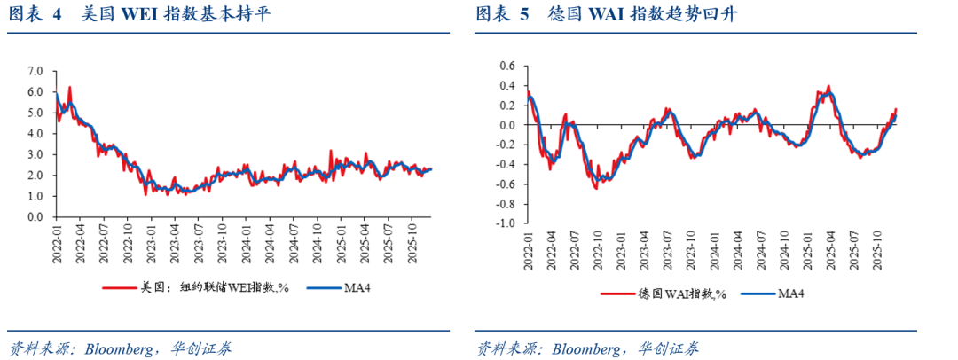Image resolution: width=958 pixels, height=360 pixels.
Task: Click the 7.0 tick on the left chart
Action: tap(35, 70)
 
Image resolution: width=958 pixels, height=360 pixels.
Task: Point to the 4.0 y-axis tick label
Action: tap(35, 133)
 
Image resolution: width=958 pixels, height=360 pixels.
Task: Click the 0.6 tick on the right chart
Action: tap(506, 66)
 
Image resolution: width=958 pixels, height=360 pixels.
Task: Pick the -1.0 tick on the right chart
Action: tap(505, 224)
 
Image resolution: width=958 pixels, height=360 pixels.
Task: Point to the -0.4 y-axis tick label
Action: tap(505, 165)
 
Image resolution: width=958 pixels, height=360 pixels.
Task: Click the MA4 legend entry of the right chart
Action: tap(790, 293)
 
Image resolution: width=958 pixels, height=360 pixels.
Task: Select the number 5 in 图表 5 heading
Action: tap(524, 14)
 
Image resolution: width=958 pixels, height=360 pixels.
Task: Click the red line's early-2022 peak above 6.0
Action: tap(69, 87)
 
